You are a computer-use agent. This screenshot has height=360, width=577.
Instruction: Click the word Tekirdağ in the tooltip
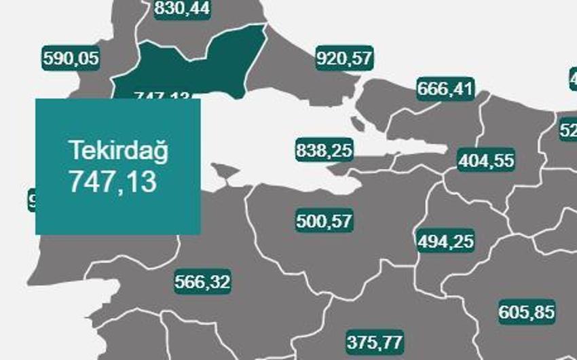click(x=118, y=150)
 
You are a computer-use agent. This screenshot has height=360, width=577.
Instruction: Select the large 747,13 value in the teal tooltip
click(x=113, y=182)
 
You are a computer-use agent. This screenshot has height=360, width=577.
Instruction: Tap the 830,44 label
click(x=182, y=8)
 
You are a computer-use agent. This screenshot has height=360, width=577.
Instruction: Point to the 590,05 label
click(x=71, y=58)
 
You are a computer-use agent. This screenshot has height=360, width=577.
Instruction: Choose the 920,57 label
click(x=345, y=58)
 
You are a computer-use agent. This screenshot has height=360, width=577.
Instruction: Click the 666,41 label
click(x=445, y=88)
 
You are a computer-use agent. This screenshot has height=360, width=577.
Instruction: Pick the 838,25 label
click(x=324, y=150)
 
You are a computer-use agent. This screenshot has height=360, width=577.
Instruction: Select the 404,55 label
click(x=486, y=161)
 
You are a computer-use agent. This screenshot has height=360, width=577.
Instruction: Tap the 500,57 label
click(x=324, y=221)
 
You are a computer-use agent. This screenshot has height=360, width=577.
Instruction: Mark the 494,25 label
click(x=445, y=241)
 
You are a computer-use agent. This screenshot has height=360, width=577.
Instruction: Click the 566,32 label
click(x=202, y=281)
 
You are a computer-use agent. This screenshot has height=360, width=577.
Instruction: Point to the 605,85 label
click(x=527, y=312)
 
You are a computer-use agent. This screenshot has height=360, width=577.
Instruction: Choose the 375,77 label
click(x=375, y=340)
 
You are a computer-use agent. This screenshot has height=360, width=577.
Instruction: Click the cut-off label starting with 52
click(x=568, y=129)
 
